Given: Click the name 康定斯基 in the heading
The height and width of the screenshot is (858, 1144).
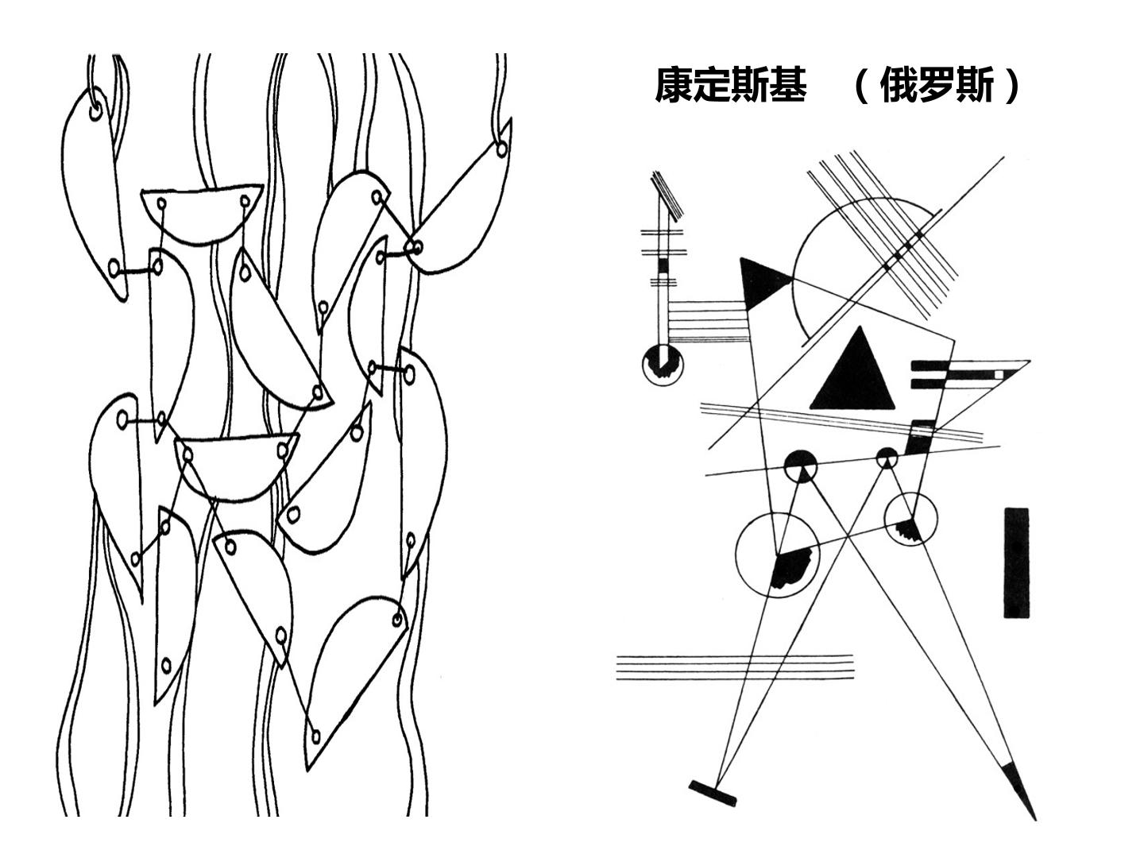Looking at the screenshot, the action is point(731,85).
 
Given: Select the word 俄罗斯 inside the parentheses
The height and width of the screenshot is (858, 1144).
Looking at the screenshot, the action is point(936,85).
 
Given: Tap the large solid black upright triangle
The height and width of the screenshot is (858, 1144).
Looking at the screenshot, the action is point(852,369).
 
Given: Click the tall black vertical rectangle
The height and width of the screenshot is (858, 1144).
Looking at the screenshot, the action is point(1016,562).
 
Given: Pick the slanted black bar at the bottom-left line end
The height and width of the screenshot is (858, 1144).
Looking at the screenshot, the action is point(713,793).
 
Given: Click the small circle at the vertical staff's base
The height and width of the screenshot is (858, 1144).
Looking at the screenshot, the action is point(663,365).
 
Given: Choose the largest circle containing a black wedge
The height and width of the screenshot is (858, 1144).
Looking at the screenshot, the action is point(777,555).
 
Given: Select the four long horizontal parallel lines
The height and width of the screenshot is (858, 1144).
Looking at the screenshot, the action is point(735,667).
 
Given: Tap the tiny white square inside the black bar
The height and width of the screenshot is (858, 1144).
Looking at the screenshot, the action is point(999,374).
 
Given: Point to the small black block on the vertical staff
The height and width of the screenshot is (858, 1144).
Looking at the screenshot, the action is point(663,265).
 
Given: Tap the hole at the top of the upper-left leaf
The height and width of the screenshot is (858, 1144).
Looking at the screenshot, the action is point(96,111).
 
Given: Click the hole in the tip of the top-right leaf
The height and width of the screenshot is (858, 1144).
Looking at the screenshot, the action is point(501,149).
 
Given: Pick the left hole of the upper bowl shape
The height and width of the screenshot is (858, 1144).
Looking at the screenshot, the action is point(161,203).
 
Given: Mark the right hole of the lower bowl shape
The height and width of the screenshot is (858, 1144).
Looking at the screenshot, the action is point(283,450).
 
